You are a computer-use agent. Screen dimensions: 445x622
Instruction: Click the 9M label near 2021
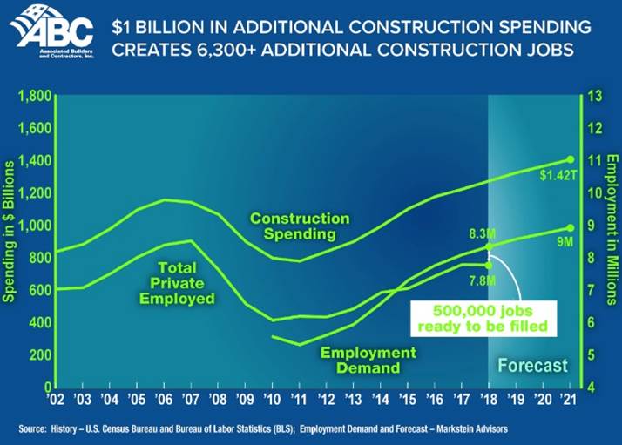563,241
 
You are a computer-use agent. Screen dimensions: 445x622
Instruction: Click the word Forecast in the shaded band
531,366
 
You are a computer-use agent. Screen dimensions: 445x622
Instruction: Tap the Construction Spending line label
300,226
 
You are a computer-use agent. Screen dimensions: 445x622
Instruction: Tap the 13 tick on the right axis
597,96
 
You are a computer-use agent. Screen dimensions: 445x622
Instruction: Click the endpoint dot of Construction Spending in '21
570,158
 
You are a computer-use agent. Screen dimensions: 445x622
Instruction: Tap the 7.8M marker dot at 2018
489,265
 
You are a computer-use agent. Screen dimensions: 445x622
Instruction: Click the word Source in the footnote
32,429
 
